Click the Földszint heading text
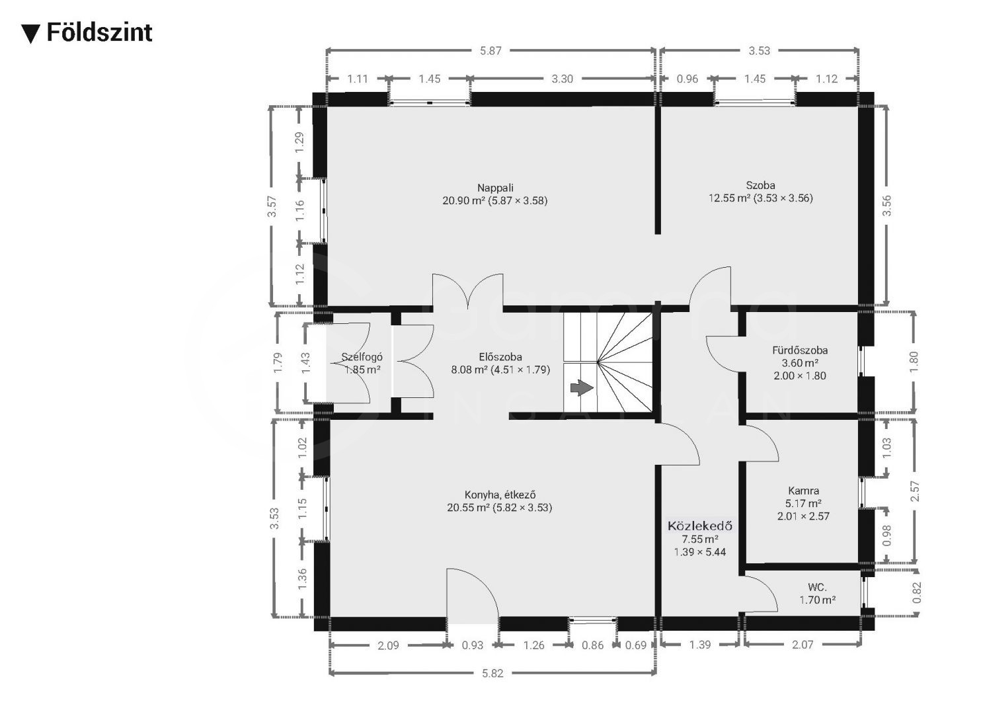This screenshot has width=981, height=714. [99, 32]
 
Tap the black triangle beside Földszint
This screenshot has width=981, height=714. [30, 34]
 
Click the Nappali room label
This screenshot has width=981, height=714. [495, 188]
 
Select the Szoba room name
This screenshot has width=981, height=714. [761, 185]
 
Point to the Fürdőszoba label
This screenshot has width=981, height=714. [800, 350]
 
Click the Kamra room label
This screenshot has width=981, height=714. [804, 491]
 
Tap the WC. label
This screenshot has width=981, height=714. [817, 587]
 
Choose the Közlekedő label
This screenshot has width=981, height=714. [700, 526]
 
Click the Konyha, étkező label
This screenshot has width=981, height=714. [500, 495]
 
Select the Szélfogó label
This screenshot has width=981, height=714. [362, 357]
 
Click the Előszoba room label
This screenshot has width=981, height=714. [500, 357]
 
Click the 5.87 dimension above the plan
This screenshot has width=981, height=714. [490, 51]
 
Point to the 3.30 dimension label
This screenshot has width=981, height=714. [562, 79]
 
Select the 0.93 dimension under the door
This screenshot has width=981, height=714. [472, 645]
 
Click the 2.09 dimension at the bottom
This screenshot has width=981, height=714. [388, 645]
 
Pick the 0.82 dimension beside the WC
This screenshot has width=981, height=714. [917, 592]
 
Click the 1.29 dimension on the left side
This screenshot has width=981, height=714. [299, 142]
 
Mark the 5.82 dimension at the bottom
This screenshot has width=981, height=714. [492, 673]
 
